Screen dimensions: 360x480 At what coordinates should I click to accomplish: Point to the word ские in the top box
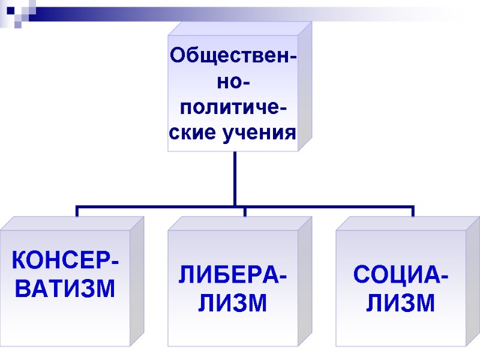191,131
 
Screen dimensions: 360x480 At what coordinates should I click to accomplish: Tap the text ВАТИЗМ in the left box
65,290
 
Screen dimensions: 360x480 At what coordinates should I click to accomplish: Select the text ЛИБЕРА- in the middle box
233,277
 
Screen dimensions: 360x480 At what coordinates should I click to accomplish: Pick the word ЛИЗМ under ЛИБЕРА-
233,303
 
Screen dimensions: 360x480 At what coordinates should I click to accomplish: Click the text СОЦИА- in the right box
401,277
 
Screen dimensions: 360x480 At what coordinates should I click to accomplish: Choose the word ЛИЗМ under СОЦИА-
401,303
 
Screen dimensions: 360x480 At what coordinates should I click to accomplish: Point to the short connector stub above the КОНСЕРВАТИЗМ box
77,212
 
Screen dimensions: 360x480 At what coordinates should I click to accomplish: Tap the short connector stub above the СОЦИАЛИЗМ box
413,212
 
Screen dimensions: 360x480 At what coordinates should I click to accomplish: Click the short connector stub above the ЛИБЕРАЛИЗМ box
245,212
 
